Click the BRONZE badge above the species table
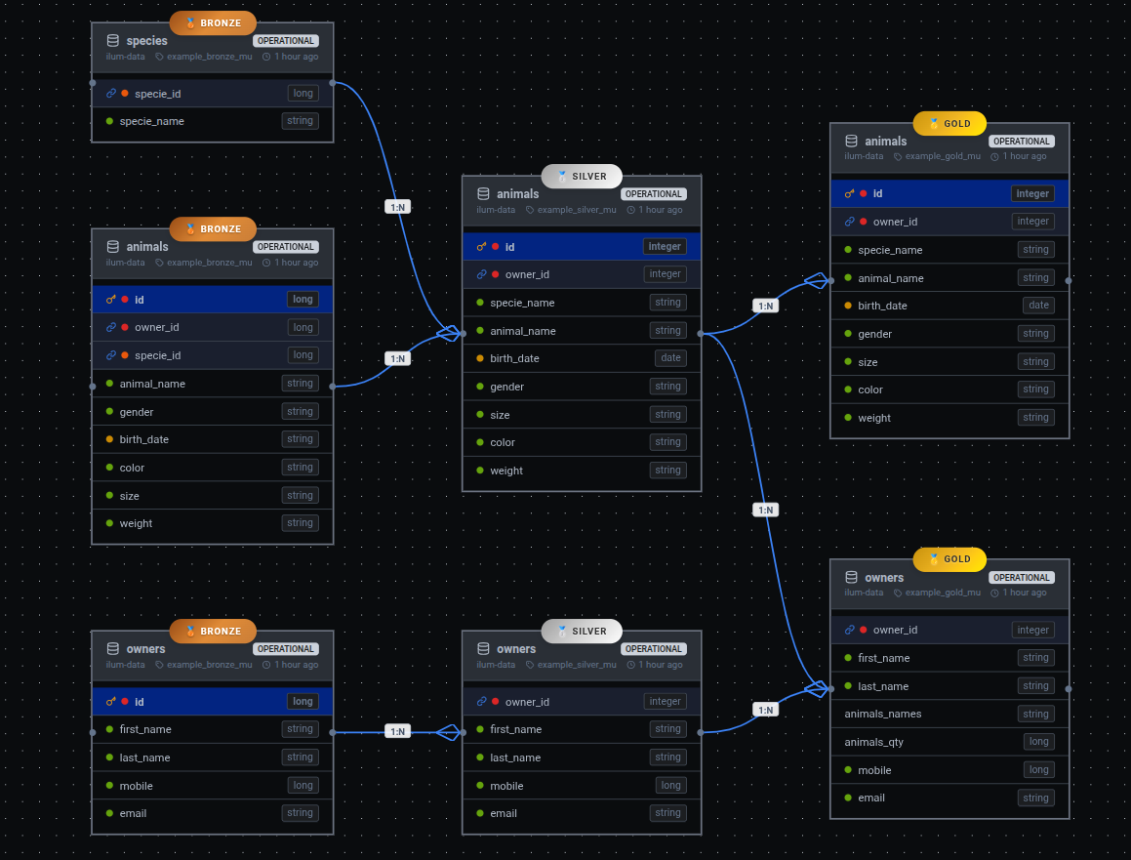click(213, 22)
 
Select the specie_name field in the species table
click(151, 121)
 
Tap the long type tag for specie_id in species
click(303, 94)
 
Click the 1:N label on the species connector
click(397, 207)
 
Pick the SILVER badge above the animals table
click(582, 177)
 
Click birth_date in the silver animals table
click(514, 358)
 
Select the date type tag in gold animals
click(1038, 306)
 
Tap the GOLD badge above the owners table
click(949, 559)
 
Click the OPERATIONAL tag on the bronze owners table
click(286, 649)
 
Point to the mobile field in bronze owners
click(136, 786)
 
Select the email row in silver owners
click(504, 813)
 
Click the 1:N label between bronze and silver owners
click(397, 731)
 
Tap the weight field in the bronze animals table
click(136, 523)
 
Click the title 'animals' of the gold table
click(885, 142)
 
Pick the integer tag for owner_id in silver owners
click(665, 702)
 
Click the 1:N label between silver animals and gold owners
click(765, 511)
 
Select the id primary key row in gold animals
click(949, 193)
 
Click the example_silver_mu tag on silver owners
click(576, 665)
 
